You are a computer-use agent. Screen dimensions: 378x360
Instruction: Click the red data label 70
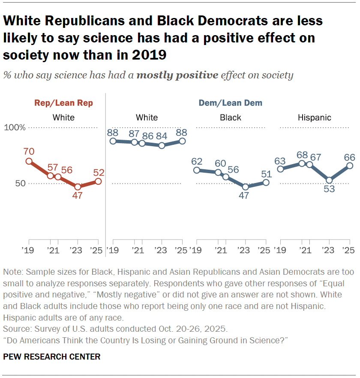pyautogui.click(x=29, y=151)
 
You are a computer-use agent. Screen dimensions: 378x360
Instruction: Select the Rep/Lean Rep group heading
pyautogui.click(x=63, y=103)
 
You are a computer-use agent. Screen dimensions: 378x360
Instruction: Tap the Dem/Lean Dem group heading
pyautogui.click(x=230, y=103)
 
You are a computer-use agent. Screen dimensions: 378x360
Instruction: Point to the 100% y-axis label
pyautogui.click(x=15, y=128)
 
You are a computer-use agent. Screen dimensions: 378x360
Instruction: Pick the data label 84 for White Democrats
pyautogui.click(x=162, y=136)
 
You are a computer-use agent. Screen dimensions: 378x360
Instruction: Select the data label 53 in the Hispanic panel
pyautogui.click(x=329, y=189)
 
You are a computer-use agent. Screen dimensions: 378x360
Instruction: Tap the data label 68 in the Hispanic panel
pyautogui.click(x=302, y=153)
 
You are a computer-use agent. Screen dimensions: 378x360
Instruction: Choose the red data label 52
pyautogui.click(x=99, y=173)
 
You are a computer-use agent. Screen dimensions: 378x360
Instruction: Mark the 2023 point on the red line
pyautogui.click(x=78, y=187)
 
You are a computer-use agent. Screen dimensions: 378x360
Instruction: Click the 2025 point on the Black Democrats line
pyautogui.click(x=266, y=182)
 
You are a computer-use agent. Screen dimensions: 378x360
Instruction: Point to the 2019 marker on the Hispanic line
pyautogui.click(x=281, y=169)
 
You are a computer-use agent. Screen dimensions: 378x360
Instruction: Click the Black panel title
pyautogui.click(x=231, y=117)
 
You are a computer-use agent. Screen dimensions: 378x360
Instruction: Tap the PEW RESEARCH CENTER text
pyautogui.click(x=52, y=357)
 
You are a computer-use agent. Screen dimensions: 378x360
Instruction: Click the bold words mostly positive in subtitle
pyautogui.click(x=177, y=76)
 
